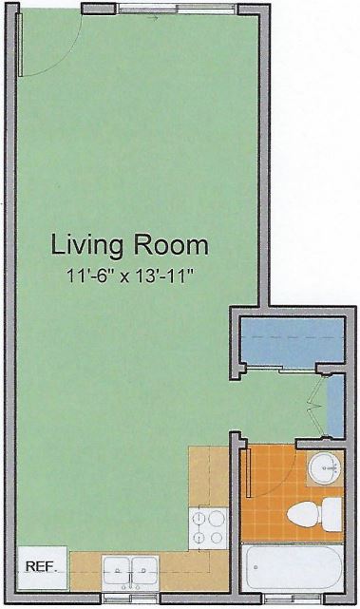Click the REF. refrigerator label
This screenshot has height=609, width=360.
tap(41, 566)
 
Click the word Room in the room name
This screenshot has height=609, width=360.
tap(171, 246)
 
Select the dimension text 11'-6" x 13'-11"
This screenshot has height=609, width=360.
tap(130, 276)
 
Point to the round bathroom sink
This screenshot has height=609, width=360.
tap(325, 468)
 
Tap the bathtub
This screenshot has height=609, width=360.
tap(292, 567)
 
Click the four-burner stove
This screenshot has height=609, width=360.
tap(208, 528)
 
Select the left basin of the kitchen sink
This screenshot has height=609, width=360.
tap(117, 570)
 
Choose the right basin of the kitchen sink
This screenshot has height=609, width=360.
tap(144, 570)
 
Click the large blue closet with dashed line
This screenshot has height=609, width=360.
tap(293, 341)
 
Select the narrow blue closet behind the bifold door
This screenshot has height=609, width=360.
tap(335, 406)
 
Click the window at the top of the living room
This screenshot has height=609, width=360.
tap(177, 9)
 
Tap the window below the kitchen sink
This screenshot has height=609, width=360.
tap(130, 599)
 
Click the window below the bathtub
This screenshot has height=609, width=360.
tap(294, 599)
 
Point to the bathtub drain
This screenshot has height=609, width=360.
tap(256, 567)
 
